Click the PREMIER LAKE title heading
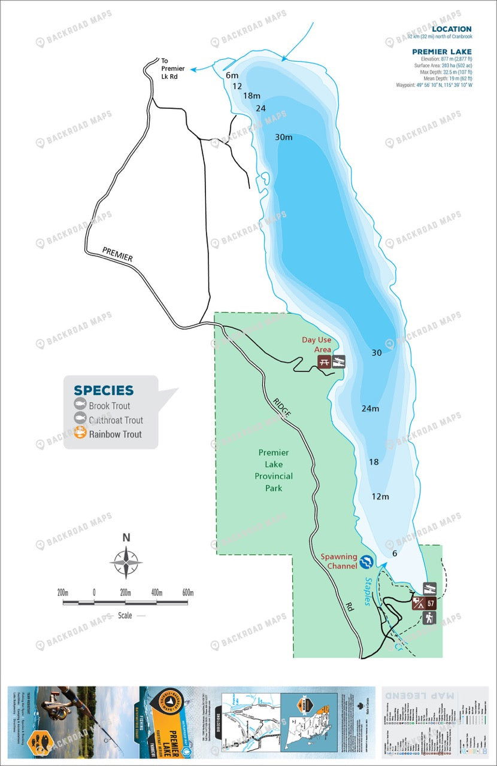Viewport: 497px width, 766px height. click(441, 51)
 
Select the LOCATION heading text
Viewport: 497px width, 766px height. click(451, 29)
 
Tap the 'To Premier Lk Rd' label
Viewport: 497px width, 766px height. click(173, 68)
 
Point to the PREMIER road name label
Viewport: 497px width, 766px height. click(117, 254)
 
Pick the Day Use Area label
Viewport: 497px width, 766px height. click(316, 344)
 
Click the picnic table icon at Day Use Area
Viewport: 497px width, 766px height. click(324, 361)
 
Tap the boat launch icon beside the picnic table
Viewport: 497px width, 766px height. click(339, 361)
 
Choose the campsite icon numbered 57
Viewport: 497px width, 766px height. click(430, 603)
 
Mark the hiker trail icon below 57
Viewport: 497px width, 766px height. click(429, 618)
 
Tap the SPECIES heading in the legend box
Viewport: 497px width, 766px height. click(104, 390)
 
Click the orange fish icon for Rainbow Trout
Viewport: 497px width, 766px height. click(79, 434)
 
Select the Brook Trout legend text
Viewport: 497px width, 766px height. click(109, 406)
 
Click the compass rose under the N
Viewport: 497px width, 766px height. click(126, 563)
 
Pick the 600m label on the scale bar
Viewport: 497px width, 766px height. click(187, 592)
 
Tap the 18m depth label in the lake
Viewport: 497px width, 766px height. click(252, 96)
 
